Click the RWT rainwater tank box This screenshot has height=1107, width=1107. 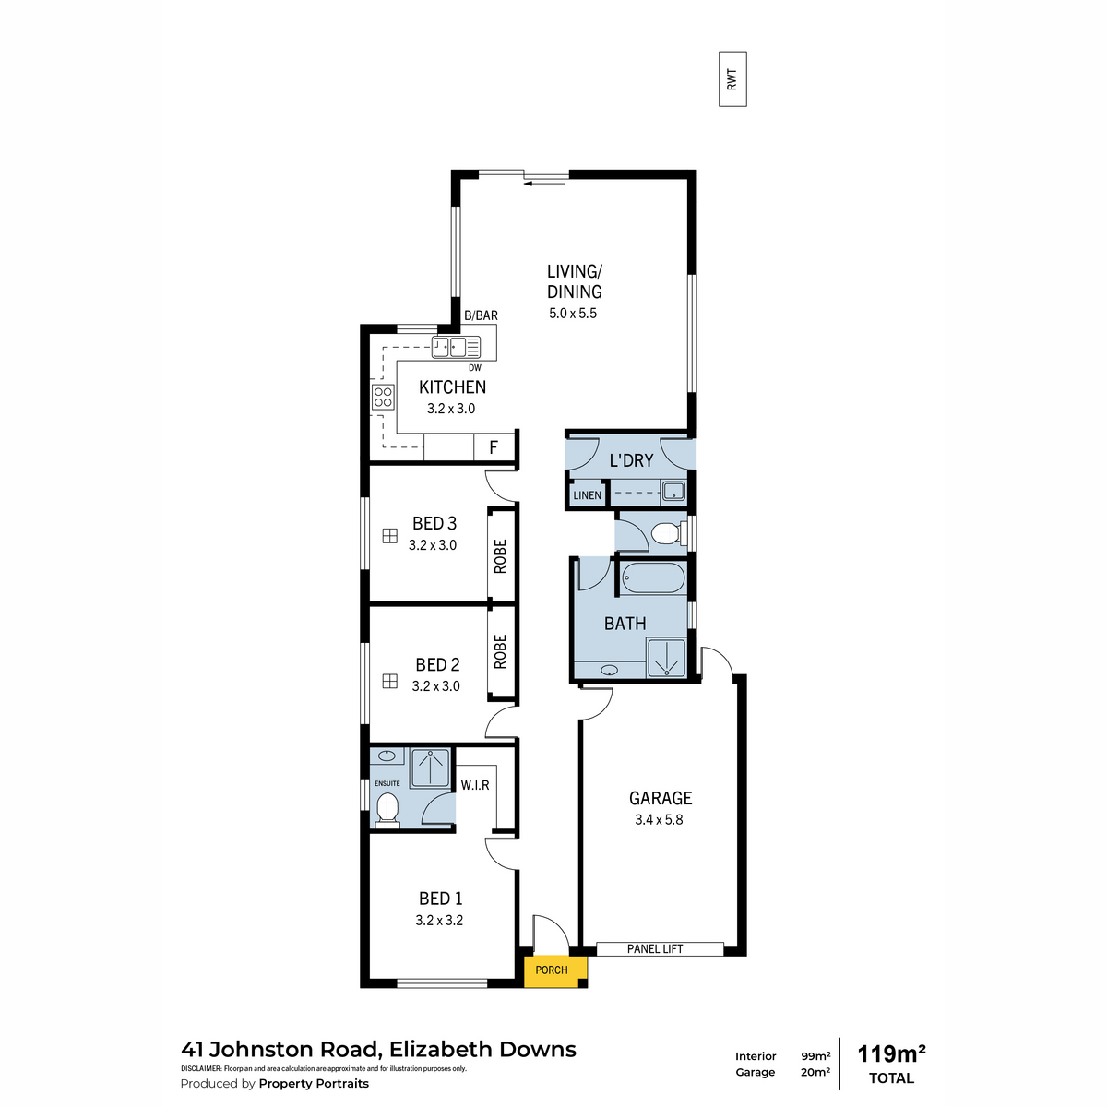tap(732, 79)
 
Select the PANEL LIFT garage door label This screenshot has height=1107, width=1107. tap(655, 949)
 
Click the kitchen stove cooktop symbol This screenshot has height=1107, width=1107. tap(383, 397)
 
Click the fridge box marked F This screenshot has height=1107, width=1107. tap(494, 447)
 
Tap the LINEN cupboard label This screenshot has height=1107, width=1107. tap(587, 495)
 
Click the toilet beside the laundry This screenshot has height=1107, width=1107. tap(669, 532)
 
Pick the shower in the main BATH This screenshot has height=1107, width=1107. tap(666, 657)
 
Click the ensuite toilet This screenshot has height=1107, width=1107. tap(387, 810)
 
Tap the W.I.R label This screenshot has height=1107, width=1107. tap(475, 785)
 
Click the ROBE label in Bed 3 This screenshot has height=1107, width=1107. tap(500, 556)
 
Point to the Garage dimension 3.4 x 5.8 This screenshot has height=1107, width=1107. tap(659, 820)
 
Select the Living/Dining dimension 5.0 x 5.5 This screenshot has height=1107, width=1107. tap(573, 313)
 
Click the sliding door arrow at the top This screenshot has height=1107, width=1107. tap(544, 184)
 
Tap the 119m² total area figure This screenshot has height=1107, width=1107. tap(891, 1054)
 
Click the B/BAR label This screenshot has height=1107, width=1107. tap(481, 315)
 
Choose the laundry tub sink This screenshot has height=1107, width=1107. tap(673, 491)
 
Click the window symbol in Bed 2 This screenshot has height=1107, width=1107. tap(390, 682)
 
